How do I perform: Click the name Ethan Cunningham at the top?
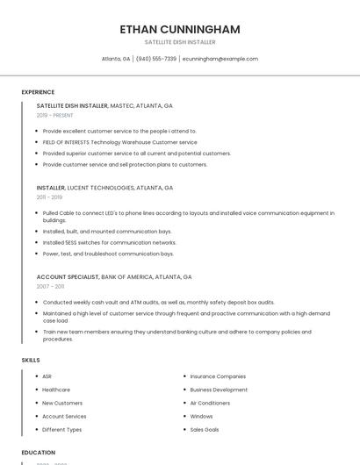pyautogui.click(x=180, y=29)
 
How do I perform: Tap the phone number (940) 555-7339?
pyautogui.click(x=155, y=59)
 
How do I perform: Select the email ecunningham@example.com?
pyautogui.click(x=220, y=59)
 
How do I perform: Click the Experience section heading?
pyautogui.click(x=38, y=92)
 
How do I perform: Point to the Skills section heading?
pyautogui.click(x=30, y=360)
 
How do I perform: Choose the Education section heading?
pyautogui.click(x=38, y=452)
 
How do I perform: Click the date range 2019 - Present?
pyautogui.click(x=55, y=115)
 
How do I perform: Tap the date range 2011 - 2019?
pyautogui.click(x=49, y=197)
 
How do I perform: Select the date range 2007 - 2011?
pyautogui.click(x=50, y=286)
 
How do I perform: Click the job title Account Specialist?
pyautogui.click(x=68, y=276)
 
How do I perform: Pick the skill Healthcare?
pyautogui.click(x=56, y=390)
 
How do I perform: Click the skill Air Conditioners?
pyautogui.click(x=210, y=403)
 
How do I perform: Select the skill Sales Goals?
pyautogui.click(x=205, y=430)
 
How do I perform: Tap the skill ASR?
pyautogui.click(x=47, y=376)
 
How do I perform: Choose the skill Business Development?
pyautogui.click(x=219, y=390)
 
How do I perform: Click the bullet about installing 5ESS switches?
pyautogui.click(x=97, y=242)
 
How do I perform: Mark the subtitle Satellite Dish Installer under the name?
pyautogui.click(x=180, y=42)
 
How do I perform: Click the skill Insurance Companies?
pyautogui.click(x=218, y=376)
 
